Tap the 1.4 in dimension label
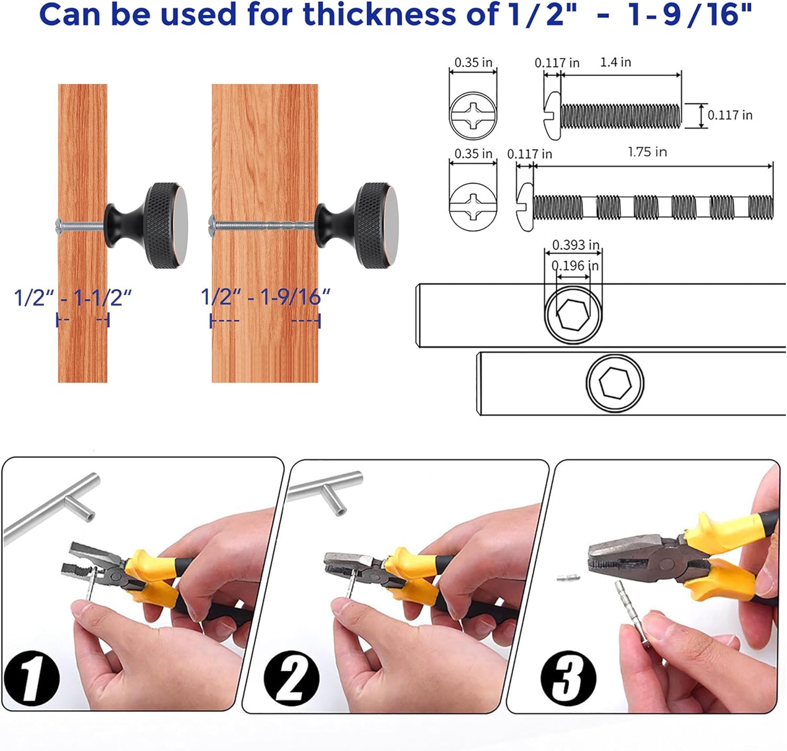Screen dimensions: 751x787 (x=615, y=62)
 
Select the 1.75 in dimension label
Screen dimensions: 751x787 (x=647, y=152)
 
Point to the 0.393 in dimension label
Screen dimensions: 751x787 (x=576, y=245)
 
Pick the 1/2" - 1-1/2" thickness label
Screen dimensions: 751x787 (x=72, y=298)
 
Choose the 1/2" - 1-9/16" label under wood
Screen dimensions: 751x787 (x=265, y=297)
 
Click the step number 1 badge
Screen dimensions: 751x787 (x=31, y=678)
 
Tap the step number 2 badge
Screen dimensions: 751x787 (x=291, y=678)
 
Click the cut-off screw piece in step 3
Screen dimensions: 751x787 (x=568, y=577)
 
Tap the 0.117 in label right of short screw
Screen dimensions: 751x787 (x=730, y=115)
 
